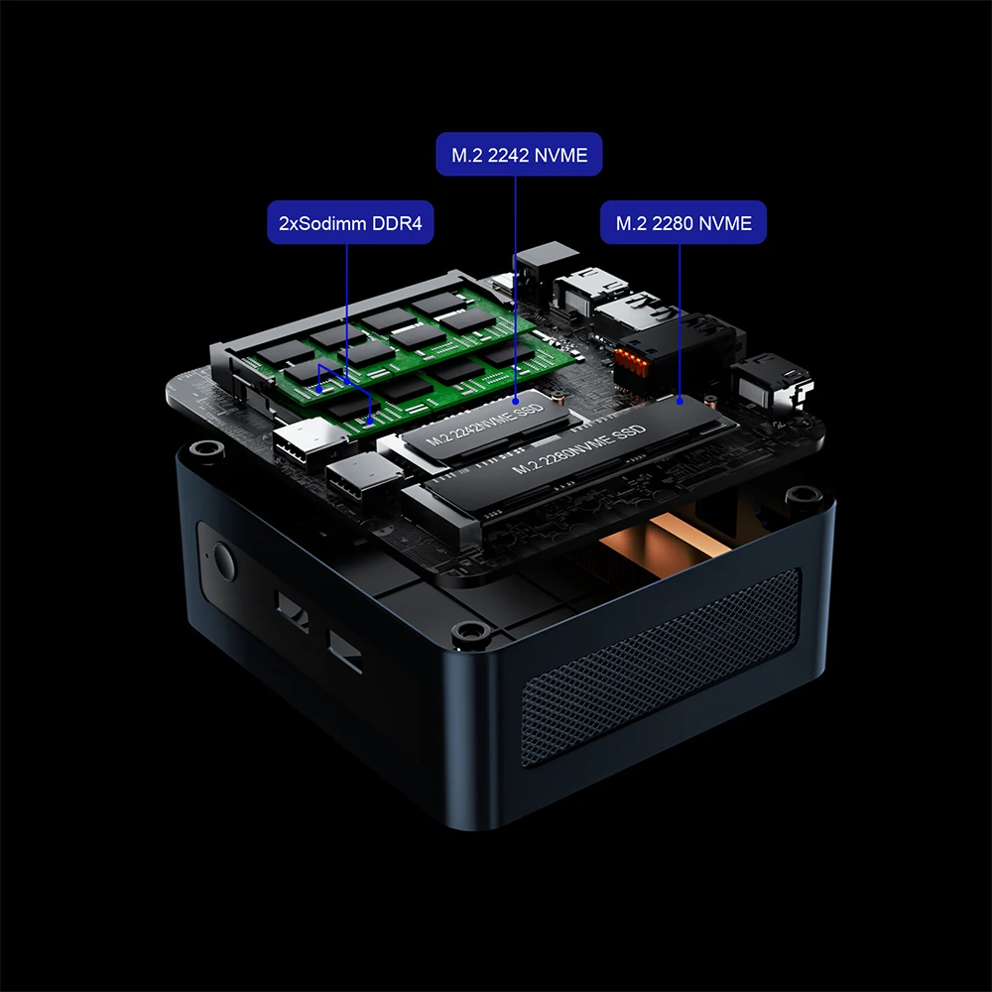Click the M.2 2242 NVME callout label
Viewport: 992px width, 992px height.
[519, 155]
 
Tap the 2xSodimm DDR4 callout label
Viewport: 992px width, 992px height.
[350, 222]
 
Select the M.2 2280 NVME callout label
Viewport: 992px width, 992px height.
[683, 222]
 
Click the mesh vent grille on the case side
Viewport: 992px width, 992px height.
[661, 668]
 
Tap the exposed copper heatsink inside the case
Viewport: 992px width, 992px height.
[661, 543]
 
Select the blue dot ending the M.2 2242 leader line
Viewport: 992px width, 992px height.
[516, 401]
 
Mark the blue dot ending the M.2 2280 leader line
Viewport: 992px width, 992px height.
[680, 401]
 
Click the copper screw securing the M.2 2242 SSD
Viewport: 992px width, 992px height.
[559, 398]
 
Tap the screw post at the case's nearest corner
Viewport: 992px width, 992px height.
[470, 631]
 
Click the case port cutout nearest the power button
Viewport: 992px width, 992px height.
[293, 611]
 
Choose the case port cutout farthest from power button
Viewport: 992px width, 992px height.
[345, 651]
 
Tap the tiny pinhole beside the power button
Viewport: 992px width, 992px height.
[208, 556]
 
